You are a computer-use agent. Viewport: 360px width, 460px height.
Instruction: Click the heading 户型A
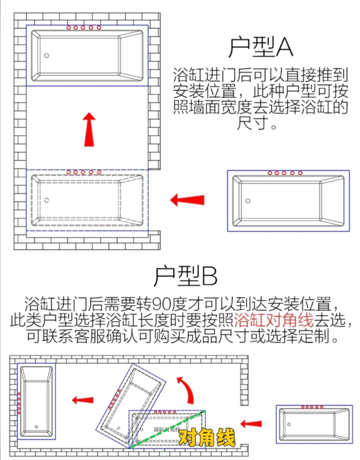[260, 47]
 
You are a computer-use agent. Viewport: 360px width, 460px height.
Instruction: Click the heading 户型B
[185, 276]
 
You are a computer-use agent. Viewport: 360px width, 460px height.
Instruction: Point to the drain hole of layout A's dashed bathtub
[46, 200]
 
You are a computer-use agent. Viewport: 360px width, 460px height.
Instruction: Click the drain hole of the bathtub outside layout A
[248, 201]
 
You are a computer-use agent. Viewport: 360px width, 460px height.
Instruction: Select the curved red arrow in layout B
[186, 390]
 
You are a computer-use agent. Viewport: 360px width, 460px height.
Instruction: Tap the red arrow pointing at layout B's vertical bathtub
[82, 400]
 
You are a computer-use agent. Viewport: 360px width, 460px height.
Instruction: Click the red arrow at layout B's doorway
[251, 424]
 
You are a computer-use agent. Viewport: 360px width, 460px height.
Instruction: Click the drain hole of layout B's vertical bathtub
[36, 427]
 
